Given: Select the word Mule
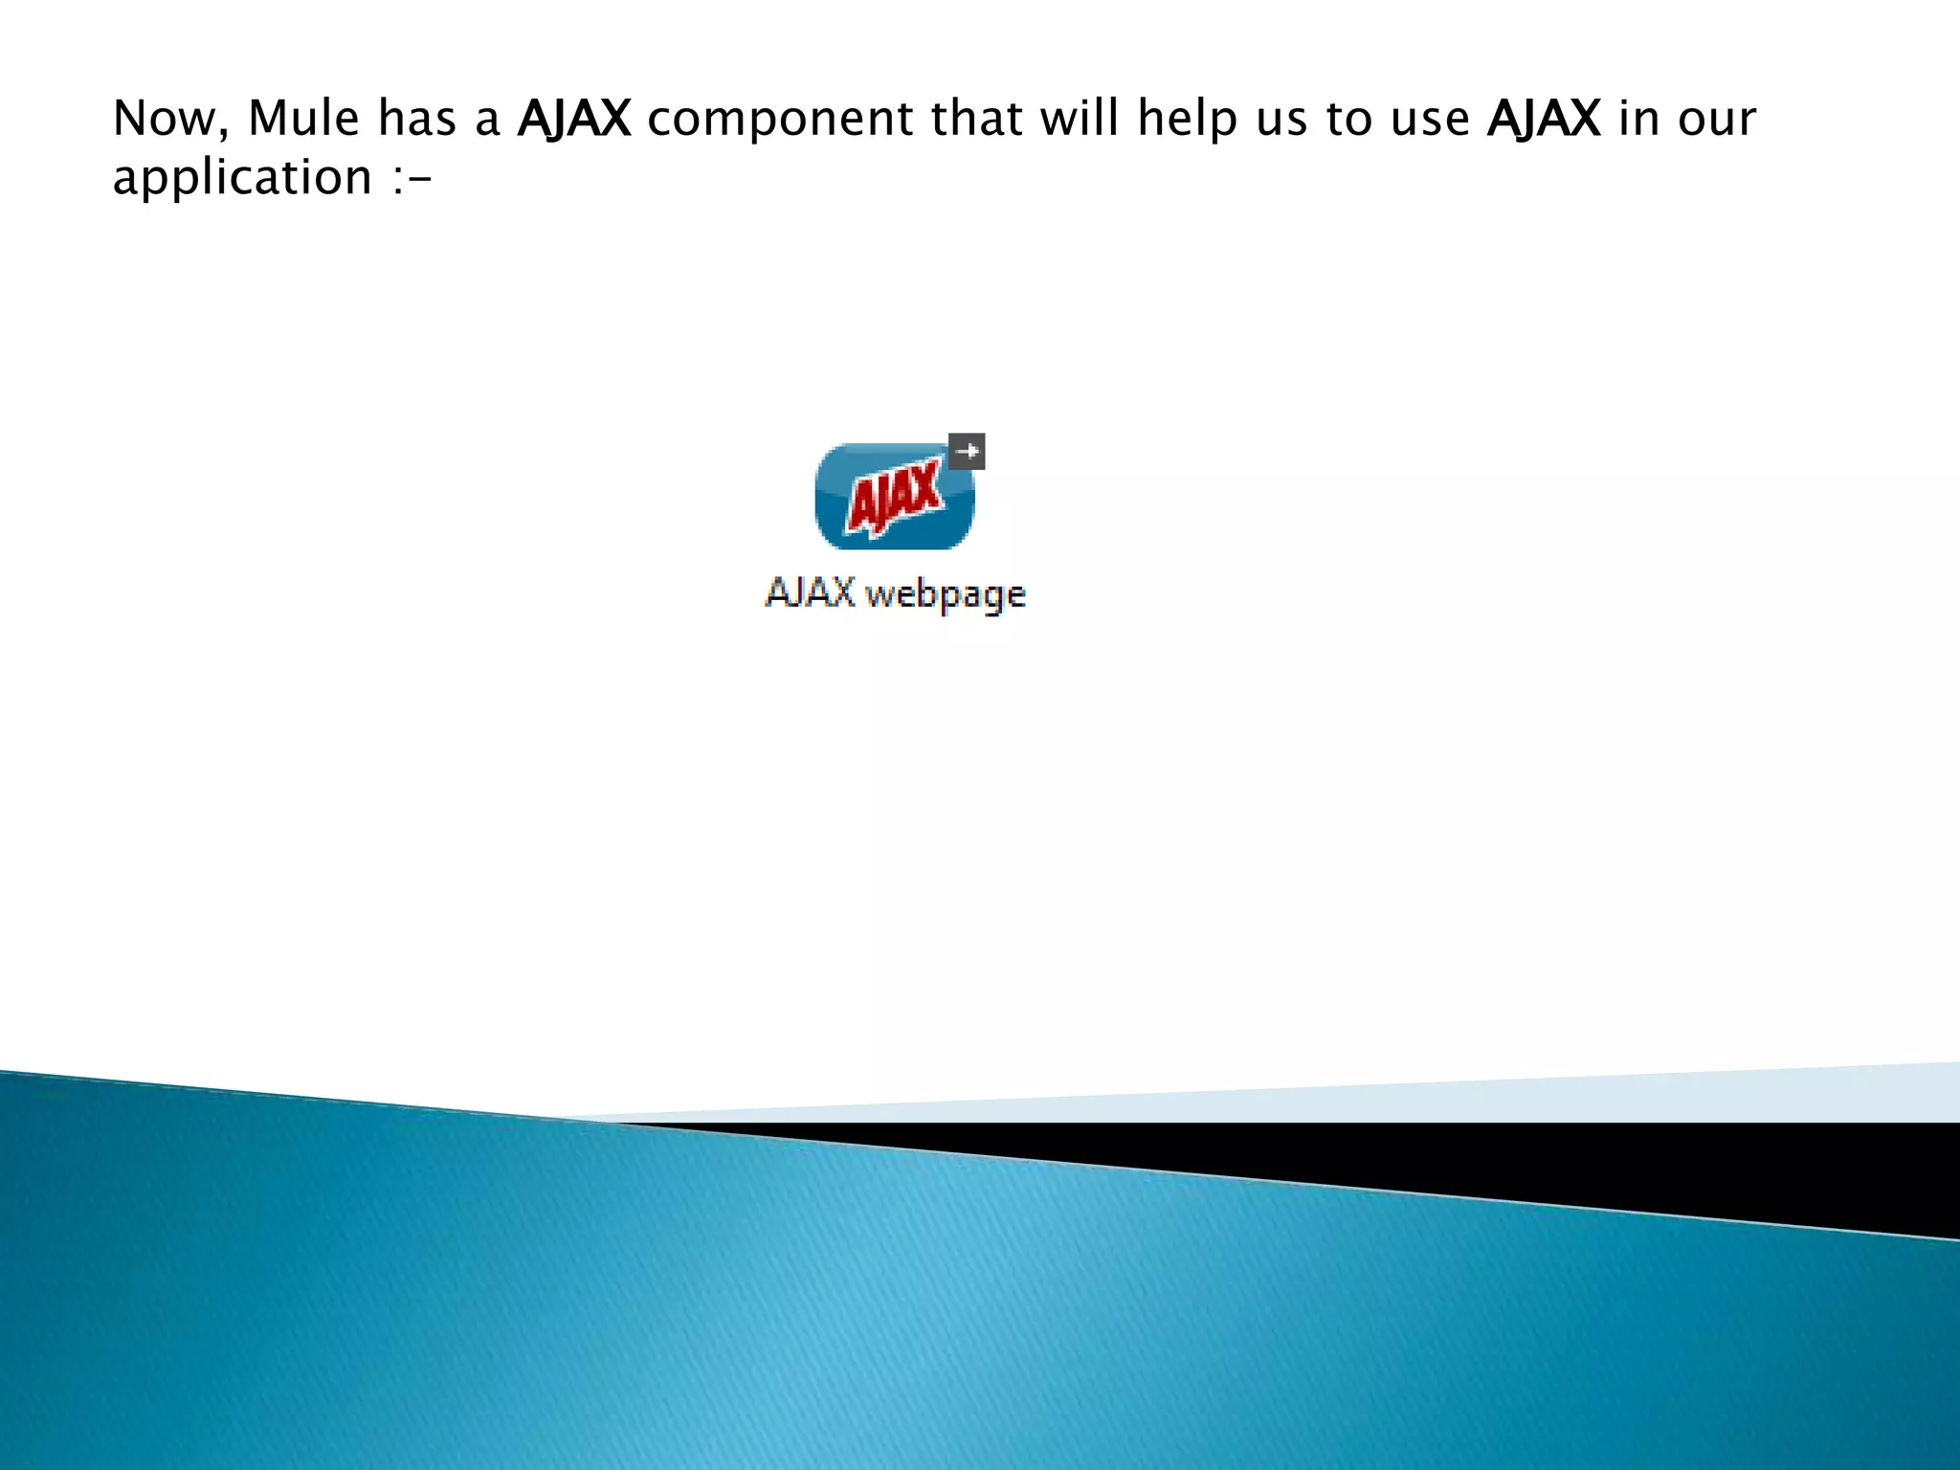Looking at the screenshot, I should point(303,119).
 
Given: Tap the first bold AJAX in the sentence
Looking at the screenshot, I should point(574,119).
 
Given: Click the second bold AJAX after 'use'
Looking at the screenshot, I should point(1544,119).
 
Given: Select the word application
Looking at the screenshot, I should point(242,178).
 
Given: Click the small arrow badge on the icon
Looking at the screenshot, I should point(967,451).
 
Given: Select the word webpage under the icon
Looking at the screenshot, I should point(946,595).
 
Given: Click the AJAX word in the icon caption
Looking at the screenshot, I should point(810,592).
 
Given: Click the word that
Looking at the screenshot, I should point(976,119).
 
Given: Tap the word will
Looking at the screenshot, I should point(1080,119).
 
